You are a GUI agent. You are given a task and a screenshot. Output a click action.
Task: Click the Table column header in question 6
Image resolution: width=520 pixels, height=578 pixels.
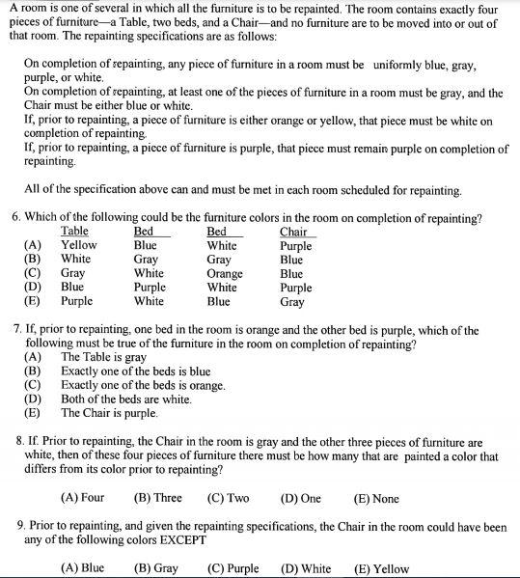click(x=74, y=232)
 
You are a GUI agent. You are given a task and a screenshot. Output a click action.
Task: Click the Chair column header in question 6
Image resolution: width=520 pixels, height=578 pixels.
click(x=293, y=232)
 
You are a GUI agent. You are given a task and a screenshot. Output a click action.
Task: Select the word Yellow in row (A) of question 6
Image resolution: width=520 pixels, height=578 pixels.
click(x=79, y=245)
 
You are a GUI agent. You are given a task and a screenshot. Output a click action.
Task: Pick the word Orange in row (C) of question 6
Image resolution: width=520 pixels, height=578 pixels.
click(x=225, y=273)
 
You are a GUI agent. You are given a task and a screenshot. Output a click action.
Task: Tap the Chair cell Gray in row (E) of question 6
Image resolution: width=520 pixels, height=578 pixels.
click(x=291, y=301)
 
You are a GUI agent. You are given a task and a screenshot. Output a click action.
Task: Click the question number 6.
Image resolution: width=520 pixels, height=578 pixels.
click(x=16, y=217)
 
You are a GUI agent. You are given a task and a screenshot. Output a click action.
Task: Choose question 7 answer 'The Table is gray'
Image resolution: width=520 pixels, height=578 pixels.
click(x=103, y=357)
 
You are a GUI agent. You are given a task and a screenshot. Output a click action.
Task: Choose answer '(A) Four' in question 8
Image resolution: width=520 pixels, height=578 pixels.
click(x=82, y=498)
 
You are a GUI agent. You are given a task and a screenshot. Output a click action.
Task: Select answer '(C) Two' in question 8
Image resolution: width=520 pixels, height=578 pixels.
click(x=228, y=498)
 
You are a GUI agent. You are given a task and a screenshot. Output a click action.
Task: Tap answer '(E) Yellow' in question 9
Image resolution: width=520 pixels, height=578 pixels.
click(x=382, y=568)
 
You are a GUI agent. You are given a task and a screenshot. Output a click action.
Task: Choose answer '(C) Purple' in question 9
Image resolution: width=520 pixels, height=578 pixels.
click(x=233, y=568)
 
